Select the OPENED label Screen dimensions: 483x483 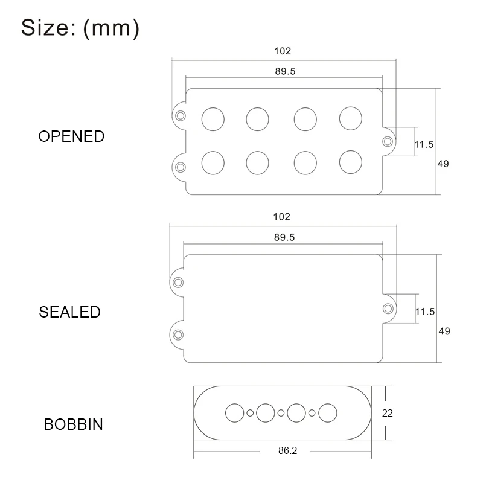coord(71,136)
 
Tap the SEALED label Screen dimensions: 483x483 coord(69,312)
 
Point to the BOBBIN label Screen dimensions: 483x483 coord(73,424)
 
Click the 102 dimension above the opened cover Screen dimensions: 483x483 coord(283,51)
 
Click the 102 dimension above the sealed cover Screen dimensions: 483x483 coord(282,217)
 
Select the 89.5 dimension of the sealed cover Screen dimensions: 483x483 coord(284,237)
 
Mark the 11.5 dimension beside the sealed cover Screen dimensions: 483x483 coord(425,312)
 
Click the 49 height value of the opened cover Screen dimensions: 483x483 coord(443,164)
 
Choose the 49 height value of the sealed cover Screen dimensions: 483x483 coord(444,331)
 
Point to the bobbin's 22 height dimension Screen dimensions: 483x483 coord(388,413)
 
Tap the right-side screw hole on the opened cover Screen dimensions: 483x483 coord(387,141)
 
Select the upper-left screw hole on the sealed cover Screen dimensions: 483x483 coord(179,283)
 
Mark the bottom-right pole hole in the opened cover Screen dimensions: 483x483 coord(350,162)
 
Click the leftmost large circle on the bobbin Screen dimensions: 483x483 coord(234,413)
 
